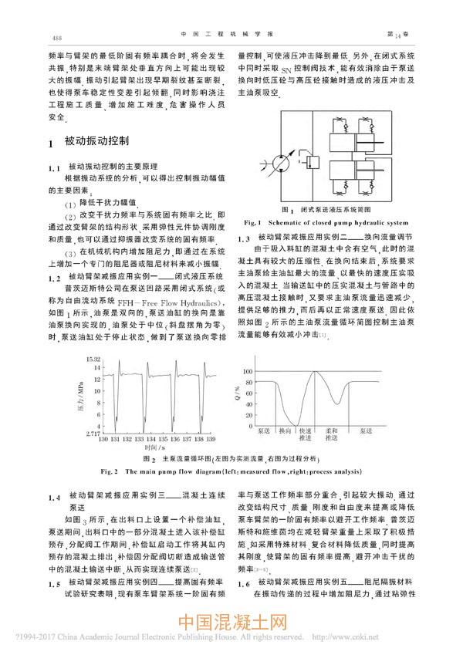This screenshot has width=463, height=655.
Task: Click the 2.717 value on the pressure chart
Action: [93, 434]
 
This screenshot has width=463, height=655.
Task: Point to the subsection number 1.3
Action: [244, 238]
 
